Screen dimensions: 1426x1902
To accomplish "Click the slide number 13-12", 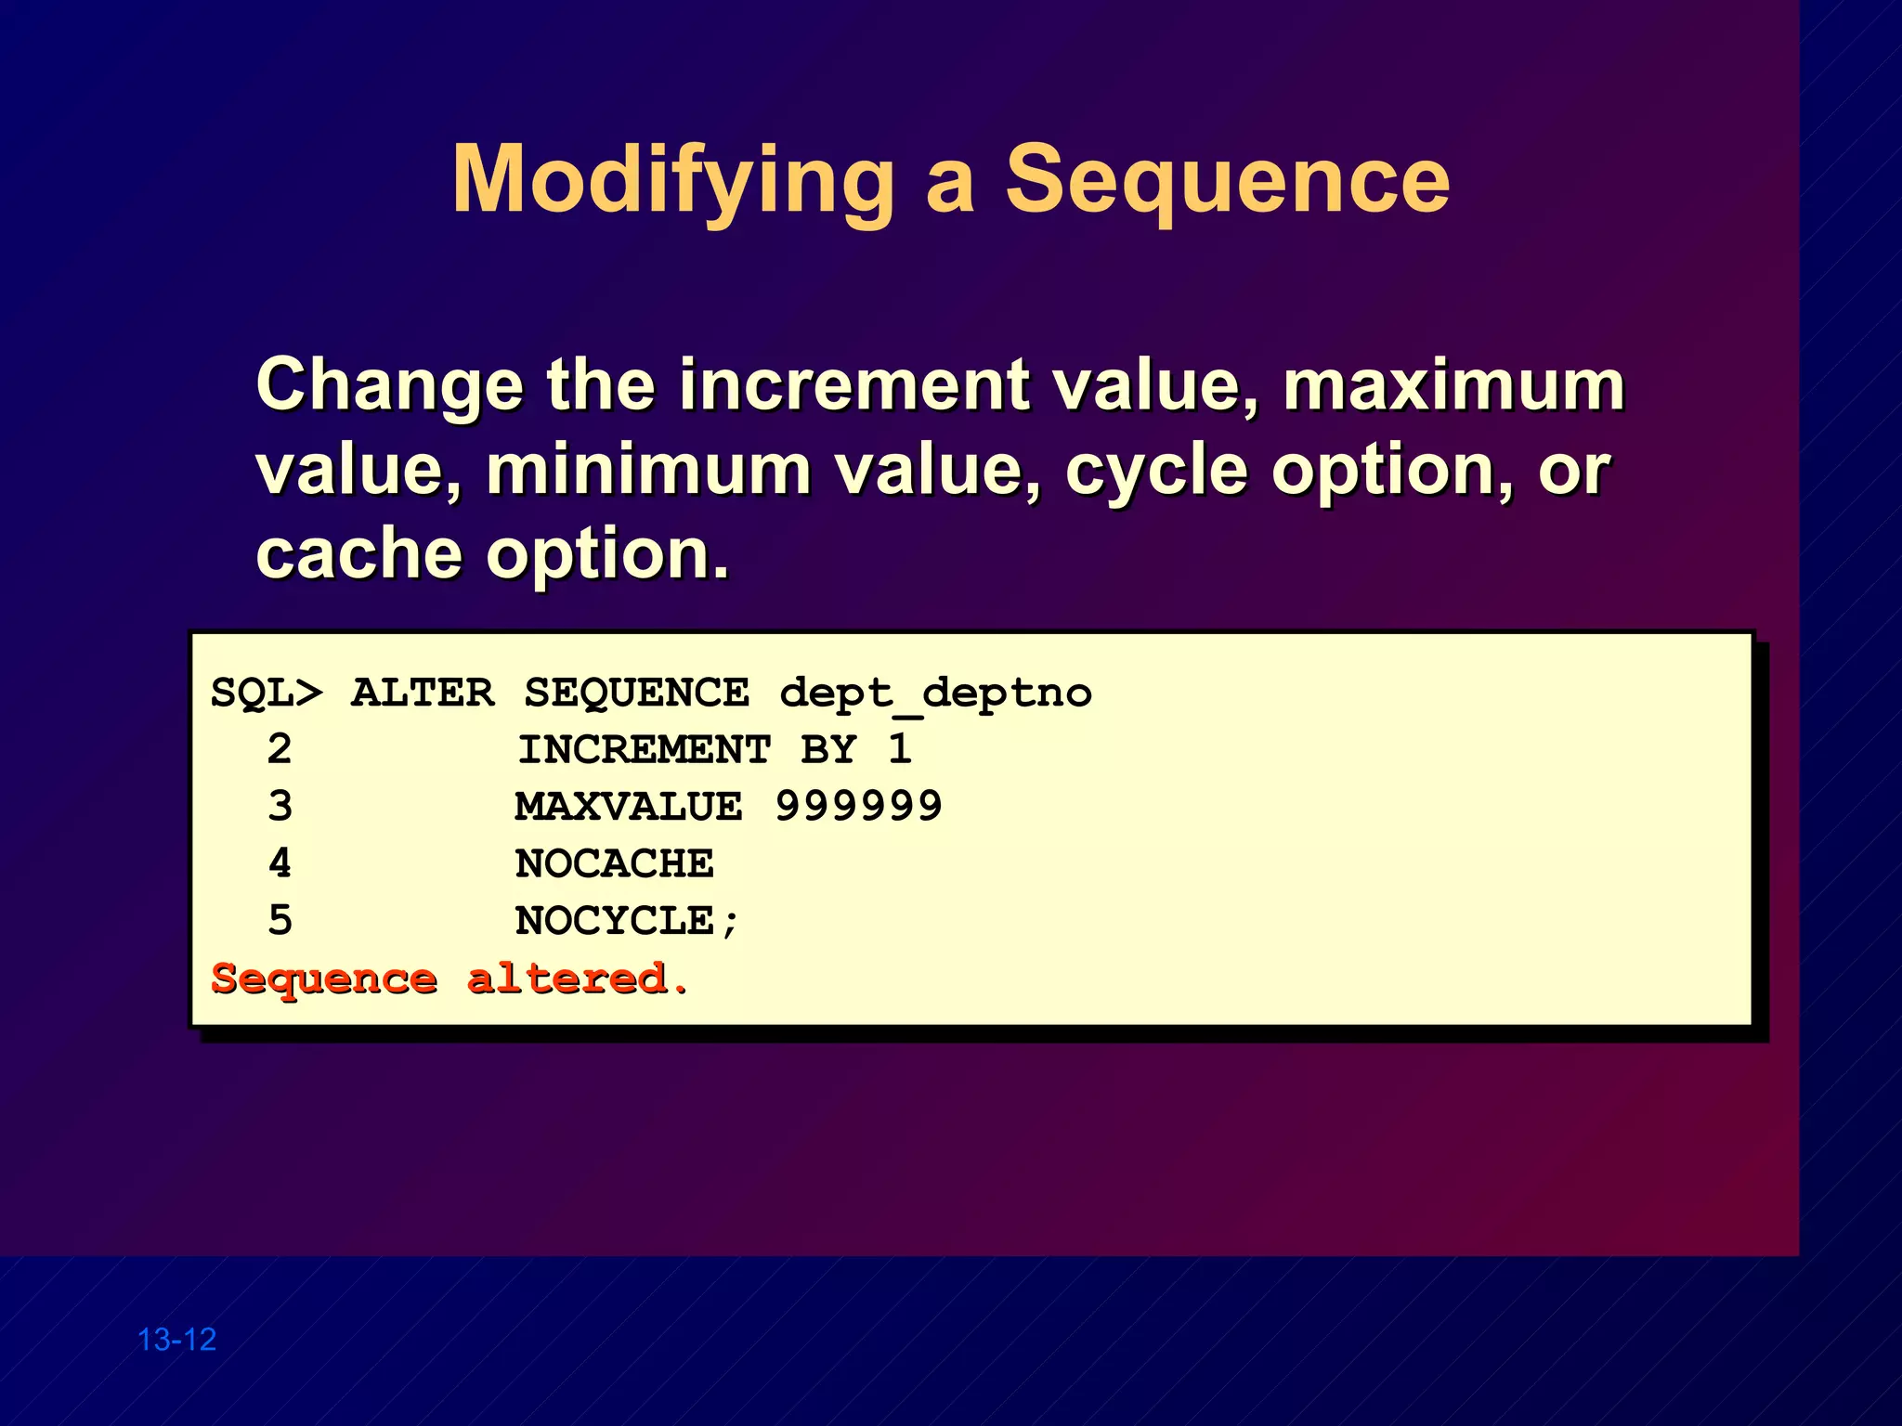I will pos(176,1340).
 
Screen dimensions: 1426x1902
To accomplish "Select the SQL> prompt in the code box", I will pos(267,693).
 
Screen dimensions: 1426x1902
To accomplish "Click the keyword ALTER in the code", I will pos(423,693).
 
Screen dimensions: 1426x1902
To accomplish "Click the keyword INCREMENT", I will pos(644,750).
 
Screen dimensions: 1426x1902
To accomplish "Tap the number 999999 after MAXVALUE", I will pos(858,806).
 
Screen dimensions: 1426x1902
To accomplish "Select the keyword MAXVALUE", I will pos(629,807).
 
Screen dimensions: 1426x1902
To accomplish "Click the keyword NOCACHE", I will pos(614,864).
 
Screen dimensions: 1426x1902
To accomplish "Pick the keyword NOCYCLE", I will pos(614,921).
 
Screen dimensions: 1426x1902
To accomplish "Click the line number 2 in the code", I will pos(280,749).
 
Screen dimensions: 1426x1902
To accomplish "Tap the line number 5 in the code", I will pos(280,921).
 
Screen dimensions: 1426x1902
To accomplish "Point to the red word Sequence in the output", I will pos(323,979).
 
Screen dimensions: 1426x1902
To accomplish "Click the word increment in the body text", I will pos(853,385).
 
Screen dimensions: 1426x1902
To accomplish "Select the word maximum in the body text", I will pos(1453,385).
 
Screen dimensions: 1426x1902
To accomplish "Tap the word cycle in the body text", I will pos(1156,472).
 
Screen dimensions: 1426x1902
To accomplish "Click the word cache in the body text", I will pos(358,554).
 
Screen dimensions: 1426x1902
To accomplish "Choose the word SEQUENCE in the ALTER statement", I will pos(636,693).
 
